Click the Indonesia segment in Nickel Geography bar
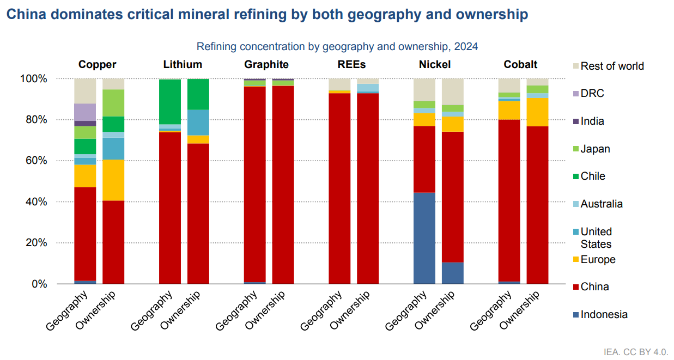point(424,238)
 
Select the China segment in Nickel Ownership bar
point(452,197)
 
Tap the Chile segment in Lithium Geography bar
point(169,102)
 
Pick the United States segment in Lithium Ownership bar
point(198,122)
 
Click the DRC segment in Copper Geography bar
point(85,112)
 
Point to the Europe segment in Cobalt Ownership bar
point(537,112)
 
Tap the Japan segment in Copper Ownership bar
point(113,103)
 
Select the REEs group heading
point(351,64)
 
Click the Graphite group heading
point(266,64)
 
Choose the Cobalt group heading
point(520,64)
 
